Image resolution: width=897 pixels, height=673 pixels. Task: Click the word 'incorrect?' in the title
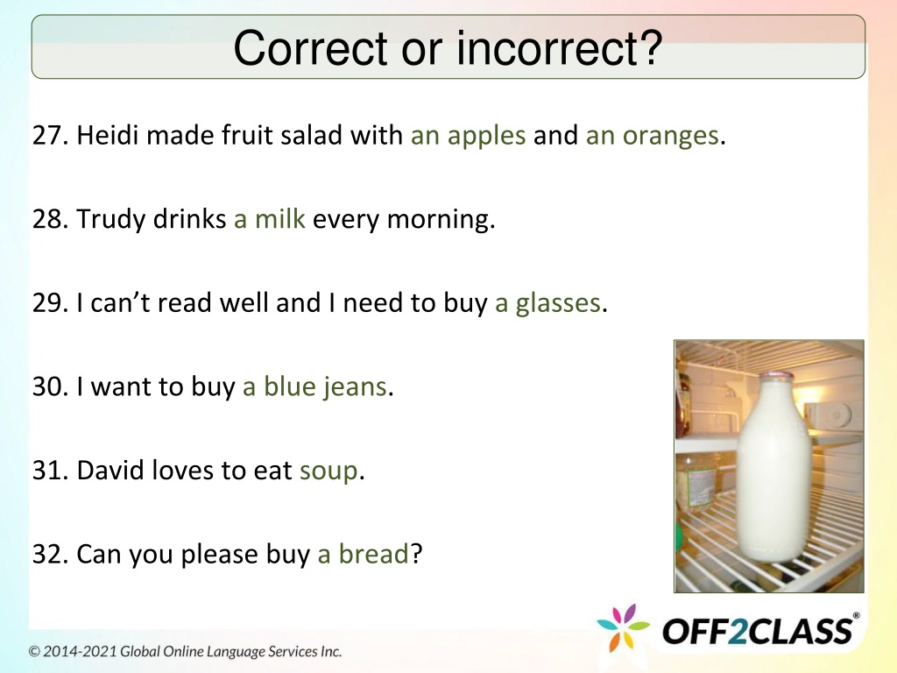click(x=559, y=47)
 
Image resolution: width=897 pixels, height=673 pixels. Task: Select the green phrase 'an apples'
click(x=468, y=137)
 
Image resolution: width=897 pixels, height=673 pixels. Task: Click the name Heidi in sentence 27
click(x=108, y=135)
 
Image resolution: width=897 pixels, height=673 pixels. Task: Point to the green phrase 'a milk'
click(x=270, y=218)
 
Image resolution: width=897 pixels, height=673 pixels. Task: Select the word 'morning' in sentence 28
click(x=438, y=220)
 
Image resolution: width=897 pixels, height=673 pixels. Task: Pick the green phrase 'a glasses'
click(x=547, y=303)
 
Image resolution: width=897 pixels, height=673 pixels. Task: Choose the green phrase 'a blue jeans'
click(x=314, y=386)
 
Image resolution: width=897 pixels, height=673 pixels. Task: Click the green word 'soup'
click(x=329, y=471)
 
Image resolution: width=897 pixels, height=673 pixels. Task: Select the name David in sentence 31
click(x=109, y=471)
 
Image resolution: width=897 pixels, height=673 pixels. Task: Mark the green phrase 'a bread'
click(x=363, y=554)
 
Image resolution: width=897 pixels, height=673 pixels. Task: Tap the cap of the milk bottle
click(x=776, y=377)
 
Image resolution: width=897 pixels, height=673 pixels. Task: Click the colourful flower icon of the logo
click(x=623, y=627)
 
